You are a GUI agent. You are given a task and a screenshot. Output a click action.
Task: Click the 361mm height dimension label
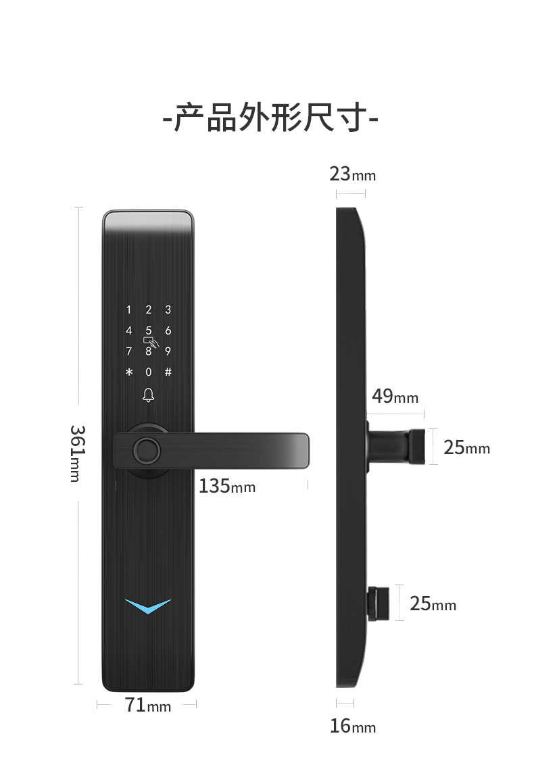click(78, 453)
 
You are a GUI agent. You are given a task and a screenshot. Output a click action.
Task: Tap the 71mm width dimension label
click(147, 705)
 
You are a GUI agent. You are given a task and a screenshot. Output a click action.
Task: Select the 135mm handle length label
click(227, 486)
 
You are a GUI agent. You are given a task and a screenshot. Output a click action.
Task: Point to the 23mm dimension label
click(352, 174)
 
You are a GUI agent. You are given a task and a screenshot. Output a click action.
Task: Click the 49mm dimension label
click(395, 396)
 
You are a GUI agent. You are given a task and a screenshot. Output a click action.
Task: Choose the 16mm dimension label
click(352, 726)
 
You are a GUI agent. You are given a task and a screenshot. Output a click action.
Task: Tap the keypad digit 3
click(168, 310)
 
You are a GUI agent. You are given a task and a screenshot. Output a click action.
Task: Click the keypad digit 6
click(168, 330)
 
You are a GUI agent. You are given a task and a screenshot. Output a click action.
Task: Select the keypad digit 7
click(129, 351)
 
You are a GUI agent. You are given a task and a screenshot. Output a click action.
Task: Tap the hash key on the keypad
click(168, 372)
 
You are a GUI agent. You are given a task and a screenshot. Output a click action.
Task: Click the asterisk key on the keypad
click(129, 372)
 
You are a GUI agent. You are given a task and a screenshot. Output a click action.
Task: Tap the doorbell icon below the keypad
click(149, 395)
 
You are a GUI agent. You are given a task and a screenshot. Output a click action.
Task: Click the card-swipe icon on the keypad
click(151, 341)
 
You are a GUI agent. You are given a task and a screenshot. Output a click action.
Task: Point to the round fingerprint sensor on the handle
click(147, 451)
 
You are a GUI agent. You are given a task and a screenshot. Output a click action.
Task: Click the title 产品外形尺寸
click(270, 118)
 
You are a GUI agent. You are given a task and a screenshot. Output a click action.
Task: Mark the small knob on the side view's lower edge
click(379, 603)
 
